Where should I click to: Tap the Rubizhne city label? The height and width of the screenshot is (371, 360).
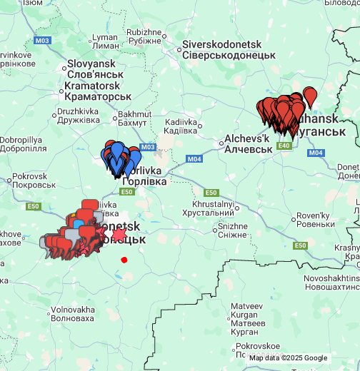point(144,36)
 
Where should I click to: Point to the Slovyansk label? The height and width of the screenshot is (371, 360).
point(96,68)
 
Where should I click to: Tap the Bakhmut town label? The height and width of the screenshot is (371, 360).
point(134,118)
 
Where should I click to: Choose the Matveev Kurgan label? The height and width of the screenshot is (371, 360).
point(247,319)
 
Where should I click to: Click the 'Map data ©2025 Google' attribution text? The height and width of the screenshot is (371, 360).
point(288,358)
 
